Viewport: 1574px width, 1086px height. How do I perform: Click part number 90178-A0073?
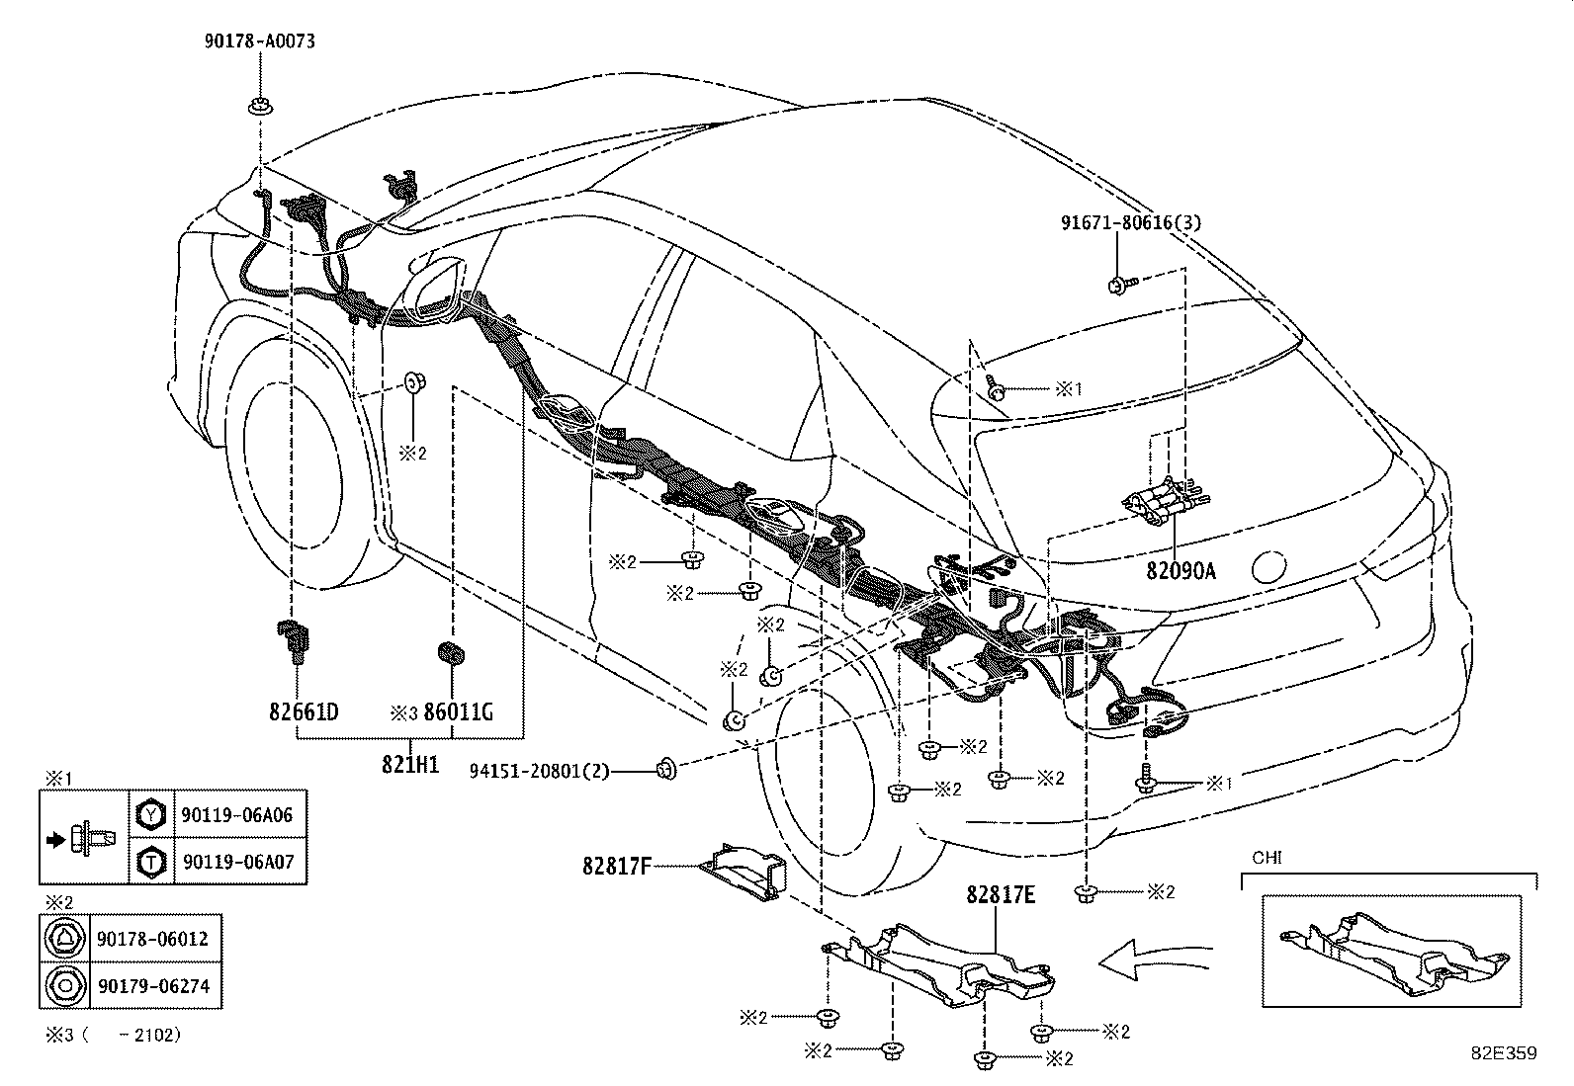(x=260, y=41)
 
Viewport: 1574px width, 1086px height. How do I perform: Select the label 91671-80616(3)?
(x=1131, y=222)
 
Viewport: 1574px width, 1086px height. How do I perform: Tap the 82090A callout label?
(x=1180, y=570)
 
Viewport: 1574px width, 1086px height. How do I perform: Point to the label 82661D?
(x=304, y=712)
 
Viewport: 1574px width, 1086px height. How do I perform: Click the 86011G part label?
(x=458, y=712)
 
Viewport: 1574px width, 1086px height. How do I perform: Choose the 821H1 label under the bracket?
(x=410, y=764)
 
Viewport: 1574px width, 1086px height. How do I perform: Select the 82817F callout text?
(x=617, y=866)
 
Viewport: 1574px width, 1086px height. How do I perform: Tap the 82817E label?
(x=1001, y=894)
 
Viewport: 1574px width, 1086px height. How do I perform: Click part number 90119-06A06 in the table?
(x=237, y=815)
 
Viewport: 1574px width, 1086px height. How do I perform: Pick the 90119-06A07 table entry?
(x=238, y=862)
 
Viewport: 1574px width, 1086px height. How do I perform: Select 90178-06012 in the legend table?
(x=152, y=939)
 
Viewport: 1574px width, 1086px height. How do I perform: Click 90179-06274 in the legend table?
(x=154, y=985)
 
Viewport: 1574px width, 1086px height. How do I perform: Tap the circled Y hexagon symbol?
(x=151, y=815)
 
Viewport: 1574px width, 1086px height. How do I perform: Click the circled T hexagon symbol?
(x=151, y=862)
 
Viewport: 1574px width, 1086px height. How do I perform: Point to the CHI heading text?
(x=1267, y=858)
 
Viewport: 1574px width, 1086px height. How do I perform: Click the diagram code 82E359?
(x=1505, y=1053)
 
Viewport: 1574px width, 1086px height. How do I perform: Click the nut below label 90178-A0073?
(x=261, y=107)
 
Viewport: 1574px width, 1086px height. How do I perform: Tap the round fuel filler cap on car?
(x=1268, y=566)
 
